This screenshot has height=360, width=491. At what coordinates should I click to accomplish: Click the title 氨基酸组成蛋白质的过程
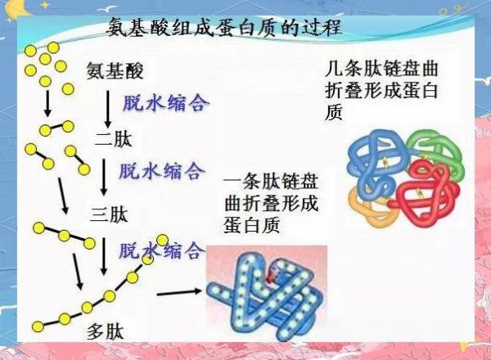(224, 28)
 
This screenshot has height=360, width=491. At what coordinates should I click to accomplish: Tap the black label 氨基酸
(115, 70)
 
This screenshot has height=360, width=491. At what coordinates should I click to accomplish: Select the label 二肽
(114, 139)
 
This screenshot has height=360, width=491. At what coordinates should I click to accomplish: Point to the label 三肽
(110, 214)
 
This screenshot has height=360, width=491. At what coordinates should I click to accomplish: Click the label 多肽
(106, 331)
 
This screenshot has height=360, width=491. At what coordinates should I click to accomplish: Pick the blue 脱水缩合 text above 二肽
(166, 102)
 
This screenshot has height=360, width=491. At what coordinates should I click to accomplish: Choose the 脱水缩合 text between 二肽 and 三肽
(162, 171)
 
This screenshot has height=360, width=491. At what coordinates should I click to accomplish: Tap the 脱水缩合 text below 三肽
(162, 250)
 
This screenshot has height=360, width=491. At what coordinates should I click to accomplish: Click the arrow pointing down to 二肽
(108, 110)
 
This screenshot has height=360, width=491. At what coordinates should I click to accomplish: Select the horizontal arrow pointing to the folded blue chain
(179, 292)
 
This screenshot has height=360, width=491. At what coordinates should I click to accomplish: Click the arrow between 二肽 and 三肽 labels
(104, 178)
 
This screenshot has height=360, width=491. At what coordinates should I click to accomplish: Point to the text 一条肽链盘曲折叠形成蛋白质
(271, 204)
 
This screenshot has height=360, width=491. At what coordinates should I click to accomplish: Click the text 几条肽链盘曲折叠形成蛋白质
(381, 91)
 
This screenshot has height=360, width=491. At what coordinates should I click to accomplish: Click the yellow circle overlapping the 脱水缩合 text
(163, 241)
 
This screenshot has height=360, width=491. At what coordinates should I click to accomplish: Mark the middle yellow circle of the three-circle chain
(64, 236)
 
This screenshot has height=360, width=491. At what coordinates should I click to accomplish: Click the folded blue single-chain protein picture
(267, 294)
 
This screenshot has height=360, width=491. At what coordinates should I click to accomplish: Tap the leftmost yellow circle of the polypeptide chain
(38, 326)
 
